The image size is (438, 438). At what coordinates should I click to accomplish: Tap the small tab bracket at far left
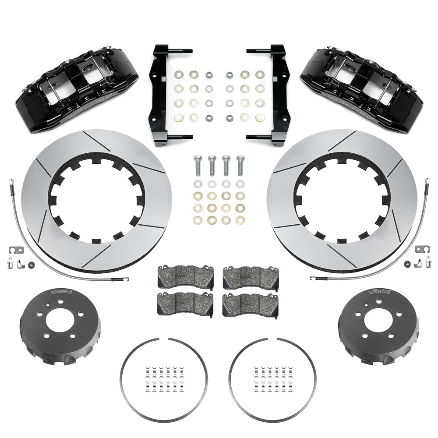click(x=14, y=250)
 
